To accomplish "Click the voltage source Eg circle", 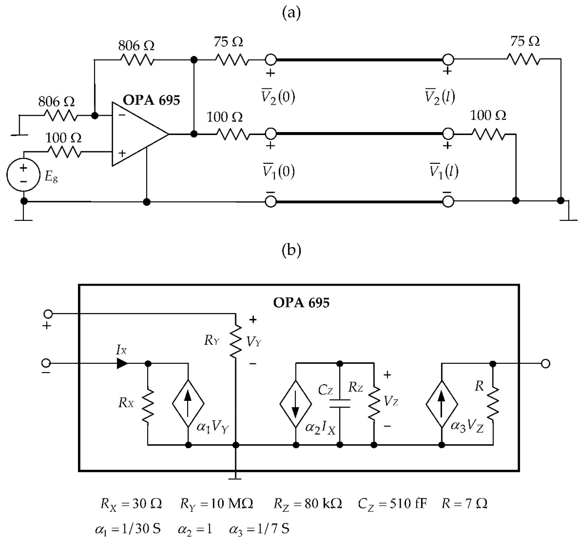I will click(x=23, y=175).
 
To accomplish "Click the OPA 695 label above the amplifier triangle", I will click(x=151, y=100).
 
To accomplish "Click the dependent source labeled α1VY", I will click(x=188, y=403).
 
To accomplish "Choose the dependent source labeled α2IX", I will click(x=296, y=403).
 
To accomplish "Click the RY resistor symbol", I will click(x=235, y=340).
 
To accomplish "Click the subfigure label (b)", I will click(x=291, y=251).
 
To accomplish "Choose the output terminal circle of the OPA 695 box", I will click(x=545, y=364).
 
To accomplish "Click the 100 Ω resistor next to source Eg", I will click(x=64, y=152).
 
